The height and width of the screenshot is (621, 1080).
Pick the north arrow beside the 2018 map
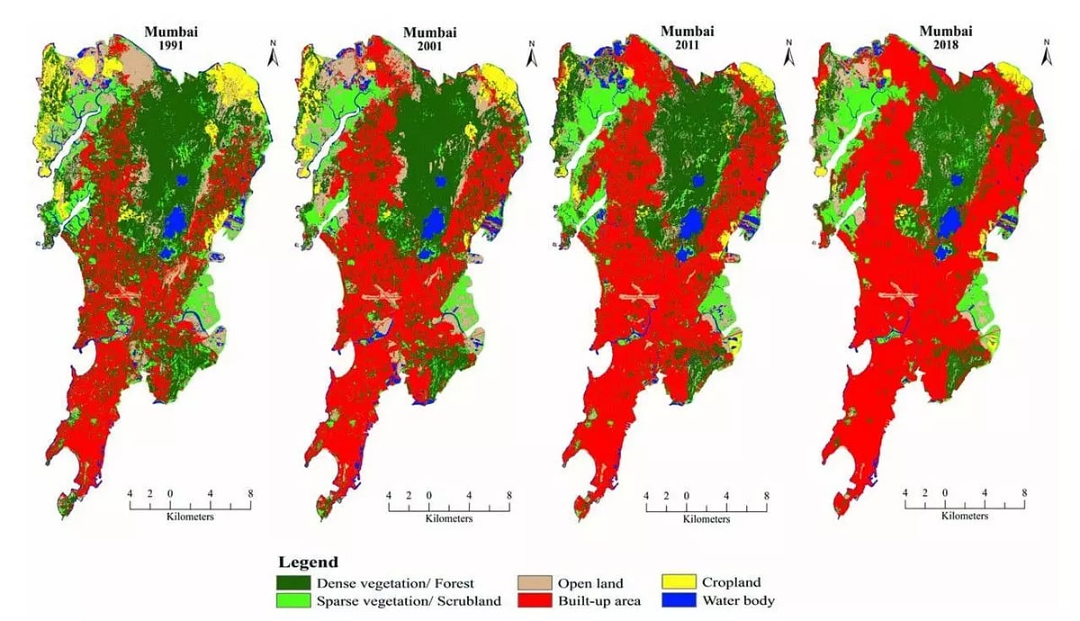coord(1046,53)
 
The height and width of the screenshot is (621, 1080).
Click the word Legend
coord(309,562)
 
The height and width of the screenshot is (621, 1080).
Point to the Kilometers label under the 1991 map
coord(190,516)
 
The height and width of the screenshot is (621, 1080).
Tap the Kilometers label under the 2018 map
coord(965,516)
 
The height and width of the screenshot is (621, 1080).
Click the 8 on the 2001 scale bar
coord(509,495)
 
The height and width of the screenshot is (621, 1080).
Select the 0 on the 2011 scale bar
coord(687,496)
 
